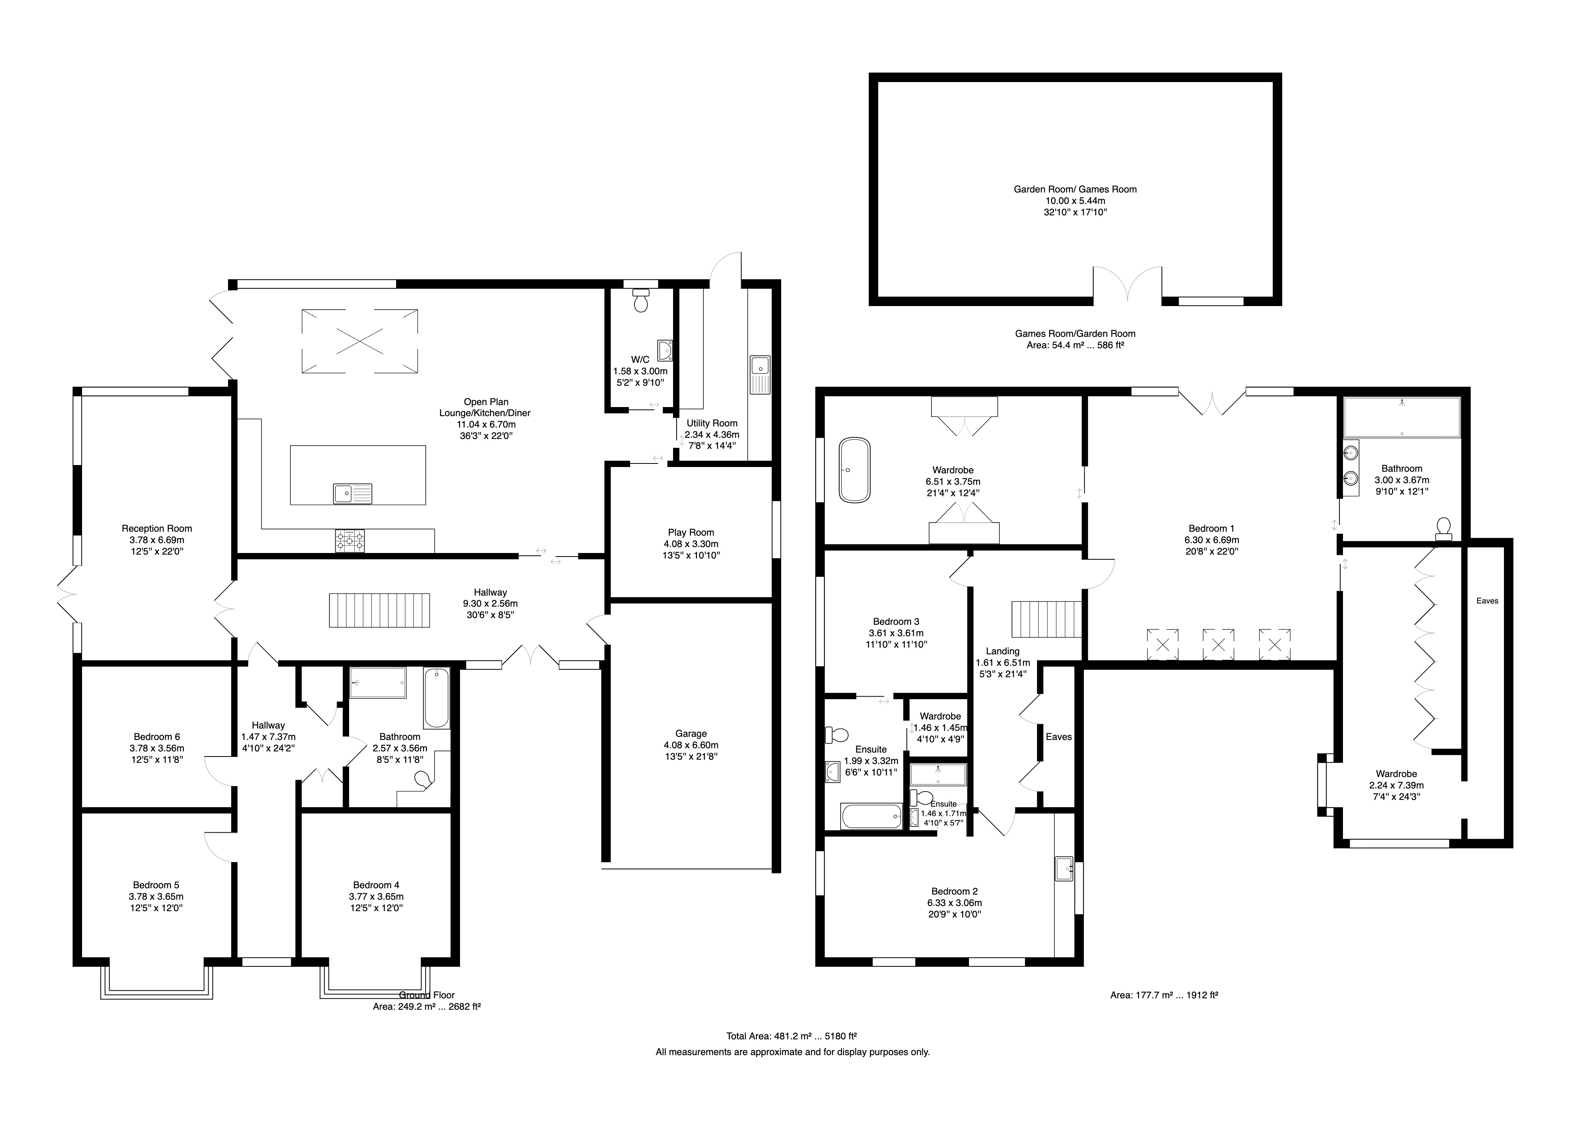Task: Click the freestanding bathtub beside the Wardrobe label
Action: tap(855, 470)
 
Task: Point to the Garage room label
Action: tap(691, 734)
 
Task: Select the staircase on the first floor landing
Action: tap(1046, 619)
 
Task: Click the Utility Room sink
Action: tap(759, 375)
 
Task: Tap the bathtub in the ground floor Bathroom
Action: tap(436, 698)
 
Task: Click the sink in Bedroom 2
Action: tap(1065, 869)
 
